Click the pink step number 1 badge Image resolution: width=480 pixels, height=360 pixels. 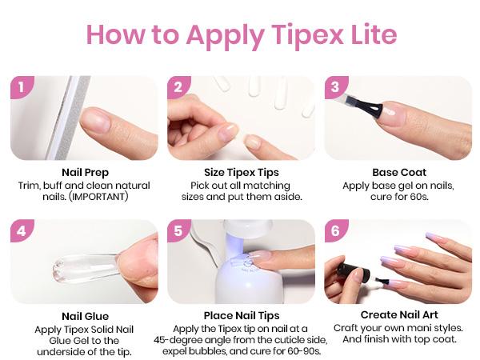(22, 86)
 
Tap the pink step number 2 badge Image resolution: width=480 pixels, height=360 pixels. (178, 86)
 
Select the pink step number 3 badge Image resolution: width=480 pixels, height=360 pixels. (335, 86)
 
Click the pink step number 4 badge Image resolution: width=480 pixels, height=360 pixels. (22, 230)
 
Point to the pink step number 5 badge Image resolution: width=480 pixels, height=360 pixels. (178, 230)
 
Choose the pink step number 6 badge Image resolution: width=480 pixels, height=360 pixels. (335, 230)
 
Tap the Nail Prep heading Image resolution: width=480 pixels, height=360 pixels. (85, 173)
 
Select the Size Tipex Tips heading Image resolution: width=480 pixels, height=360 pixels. (242, 173)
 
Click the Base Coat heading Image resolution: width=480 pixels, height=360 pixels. (399, 172)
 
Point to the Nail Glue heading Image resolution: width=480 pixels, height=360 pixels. (85, 316)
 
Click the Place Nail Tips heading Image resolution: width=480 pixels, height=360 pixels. (242, 316)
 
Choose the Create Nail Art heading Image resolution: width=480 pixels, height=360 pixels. (399, 314)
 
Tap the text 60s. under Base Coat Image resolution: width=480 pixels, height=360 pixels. (418, 197)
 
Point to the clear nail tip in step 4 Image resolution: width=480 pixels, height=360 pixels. (86, 268)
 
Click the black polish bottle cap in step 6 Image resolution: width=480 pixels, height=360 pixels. (352, 270)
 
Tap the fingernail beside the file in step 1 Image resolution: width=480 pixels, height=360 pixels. (95, 118)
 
